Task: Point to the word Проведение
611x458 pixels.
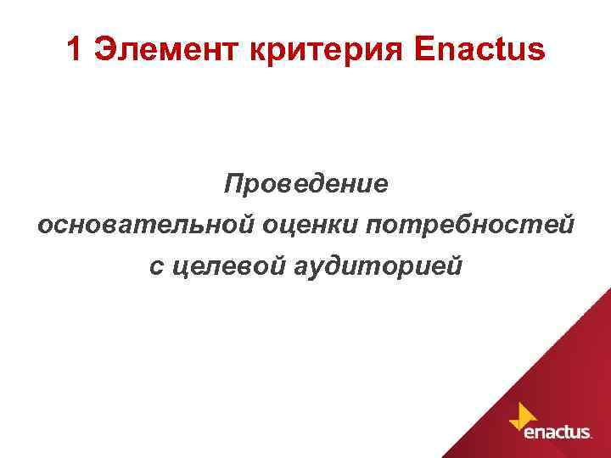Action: [305, 185]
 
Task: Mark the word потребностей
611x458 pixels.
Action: [470, 226]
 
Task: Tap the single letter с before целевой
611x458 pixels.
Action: [154, 268]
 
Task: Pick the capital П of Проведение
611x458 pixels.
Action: [233, 185]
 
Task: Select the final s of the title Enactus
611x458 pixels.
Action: [535, 52]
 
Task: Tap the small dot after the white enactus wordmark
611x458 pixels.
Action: [591, 437]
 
